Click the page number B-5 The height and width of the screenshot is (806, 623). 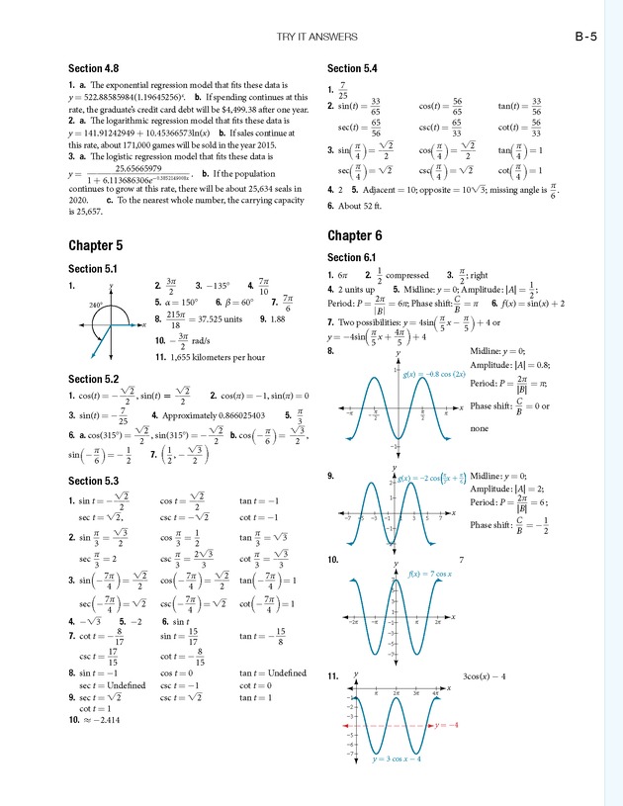[x=585, y=39]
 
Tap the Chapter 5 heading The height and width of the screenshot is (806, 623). [x=96, y=244]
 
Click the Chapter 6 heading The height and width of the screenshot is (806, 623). [x=354, y=235]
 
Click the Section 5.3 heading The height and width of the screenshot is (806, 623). [x=93, y=481]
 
